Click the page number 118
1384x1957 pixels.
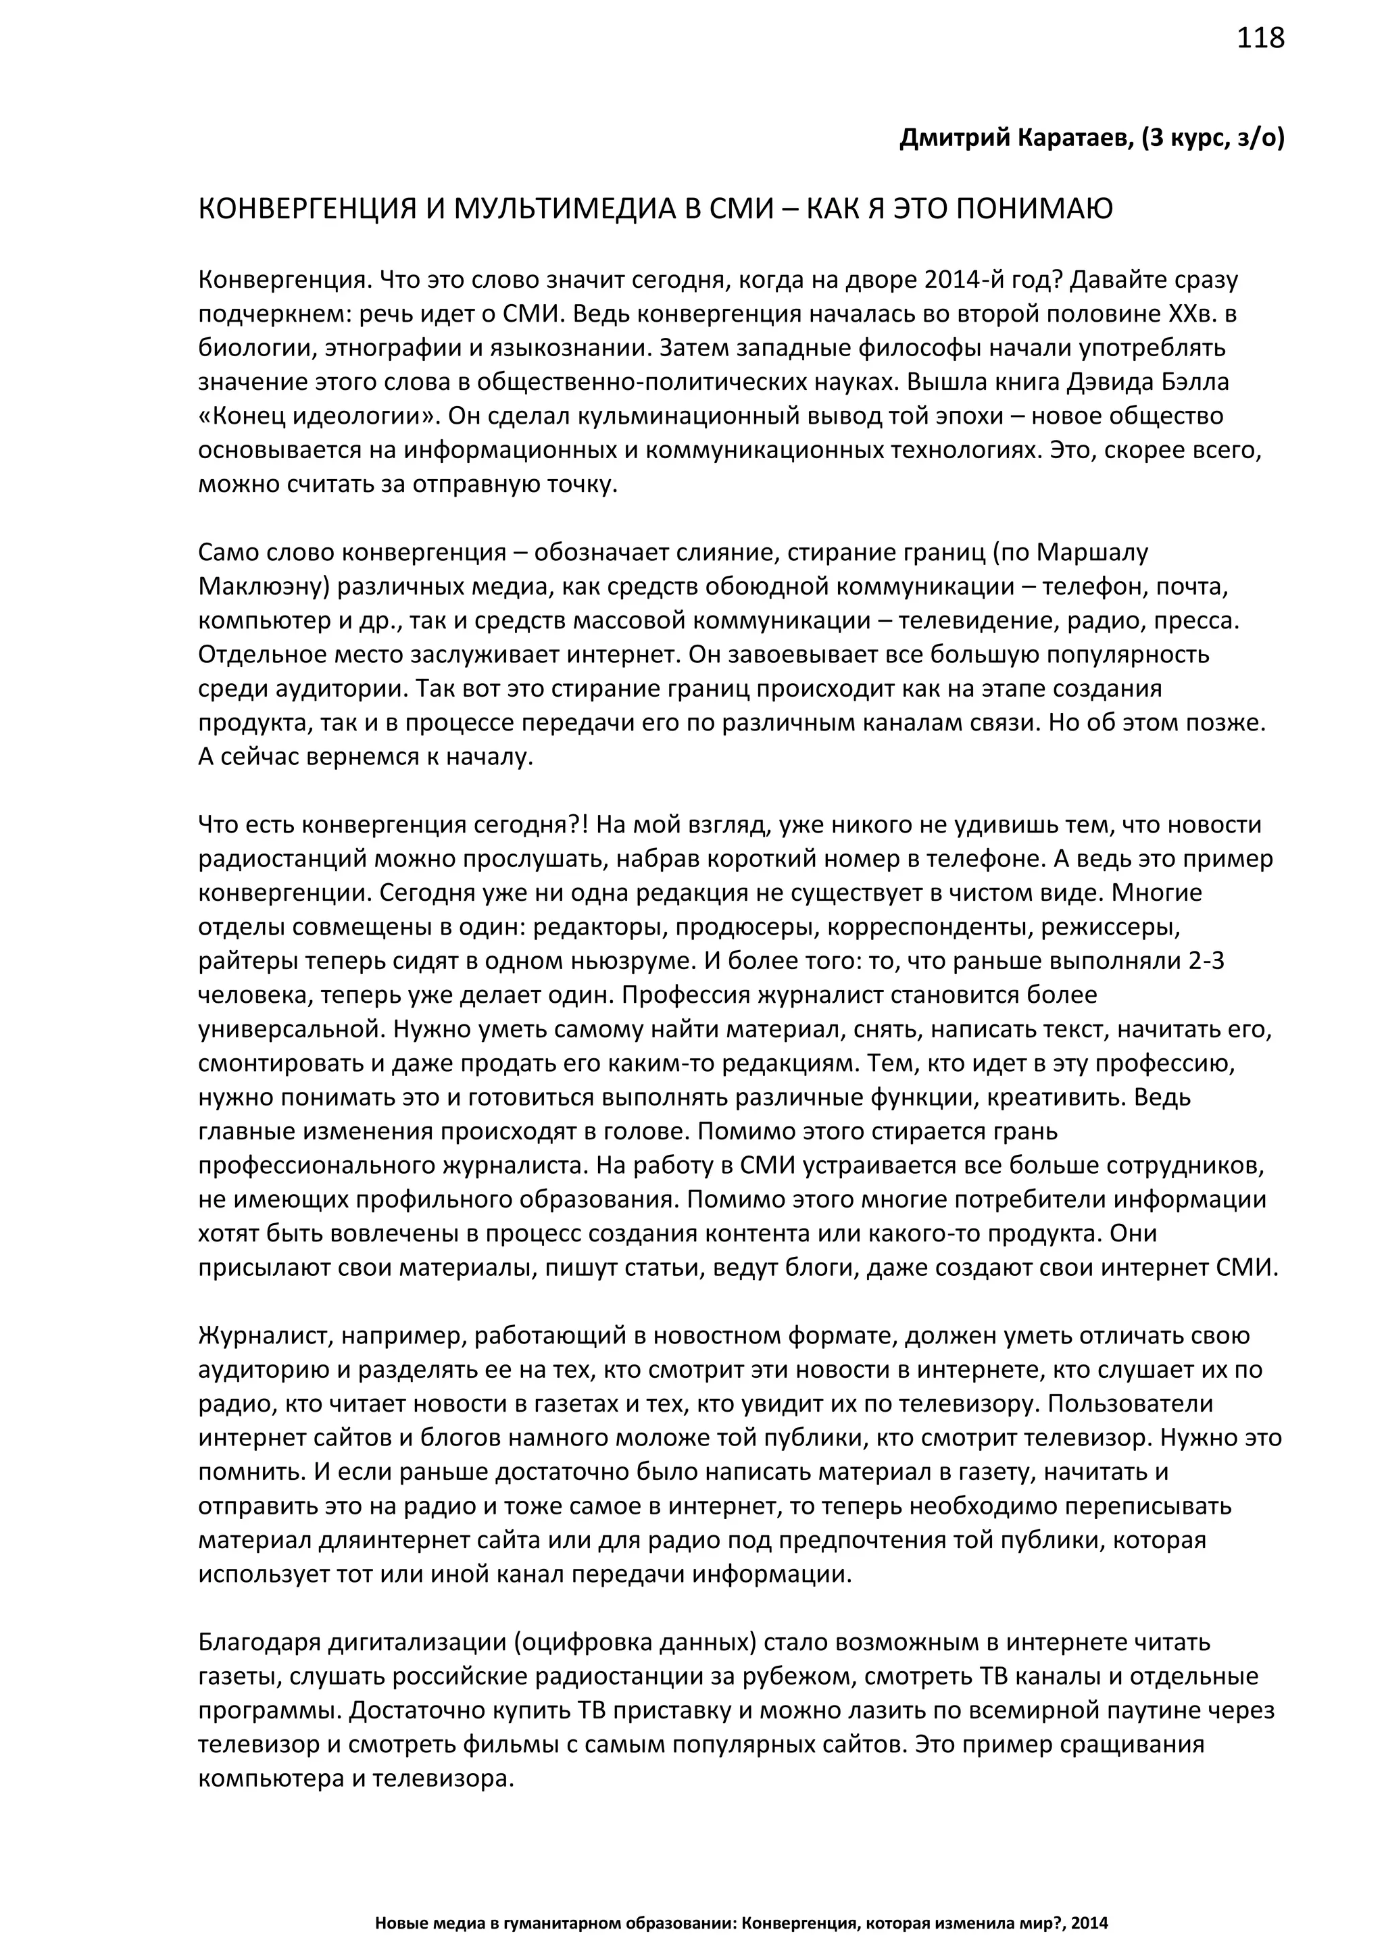(x=1260, y=39)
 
